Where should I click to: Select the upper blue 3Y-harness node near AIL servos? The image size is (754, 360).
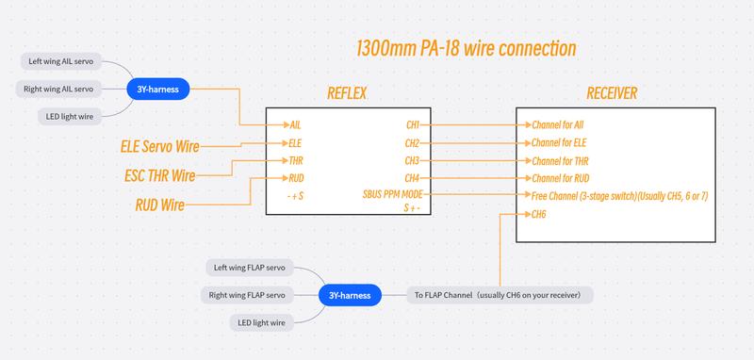(x=158, y=90)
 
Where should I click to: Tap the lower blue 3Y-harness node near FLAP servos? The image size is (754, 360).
(x=351, y=295)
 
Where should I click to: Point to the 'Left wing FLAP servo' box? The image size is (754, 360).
(x=249, y=268)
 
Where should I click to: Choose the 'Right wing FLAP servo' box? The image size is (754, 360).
(x=246, y=295)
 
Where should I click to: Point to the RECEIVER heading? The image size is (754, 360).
(x=612, y=94)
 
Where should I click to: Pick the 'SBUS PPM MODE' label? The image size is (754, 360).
(x=397, y=195)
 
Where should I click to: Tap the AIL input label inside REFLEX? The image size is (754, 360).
(x=295, y=124)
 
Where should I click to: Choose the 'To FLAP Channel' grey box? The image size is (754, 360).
(x=500, y=295)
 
